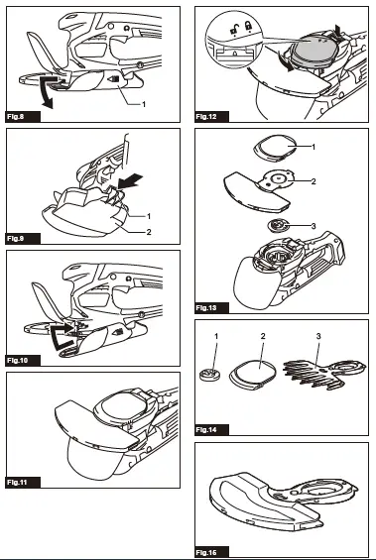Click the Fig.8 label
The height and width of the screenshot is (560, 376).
[x=18, y=117]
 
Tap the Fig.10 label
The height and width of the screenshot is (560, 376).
[x=20, y=360]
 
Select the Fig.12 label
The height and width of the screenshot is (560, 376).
[x=207, y=117]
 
